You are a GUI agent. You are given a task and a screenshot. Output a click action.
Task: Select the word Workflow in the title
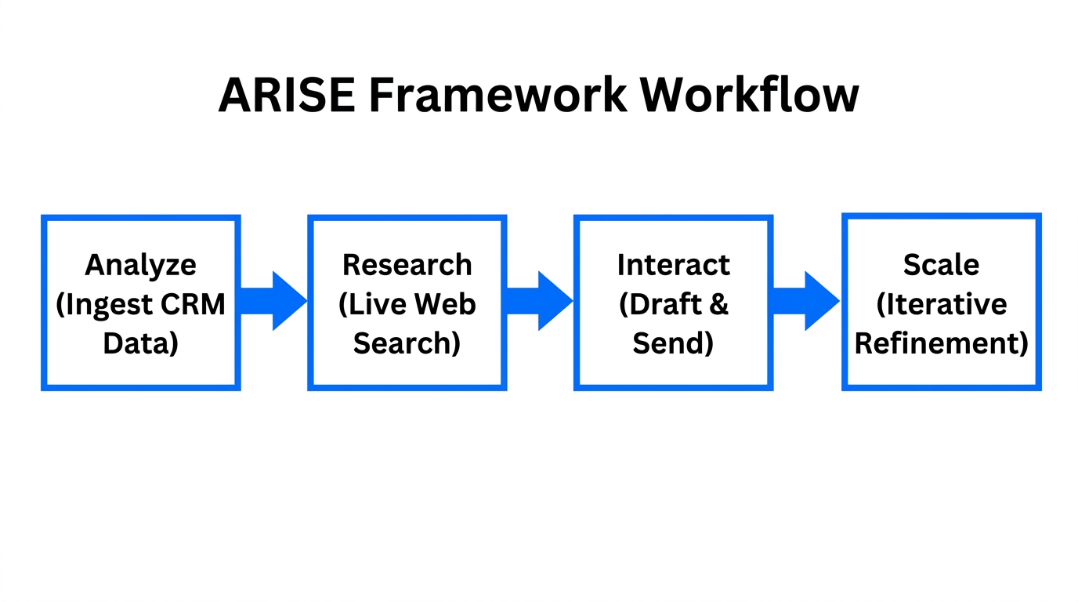click(749, 96)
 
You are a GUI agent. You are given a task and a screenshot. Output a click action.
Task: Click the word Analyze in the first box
click(141, 264)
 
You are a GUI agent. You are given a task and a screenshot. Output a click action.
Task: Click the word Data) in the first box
click(141, 343)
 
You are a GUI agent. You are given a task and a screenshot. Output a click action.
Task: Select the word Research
click(407, 264)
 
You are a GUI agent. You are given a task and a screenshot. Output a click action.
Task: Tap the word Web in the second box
click(447, 303)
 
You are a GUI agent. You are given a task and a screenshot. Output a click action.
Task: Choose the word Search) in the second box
click(407, 343)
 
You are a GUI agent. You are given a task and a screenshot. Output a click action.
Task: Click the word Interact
click(674, 264)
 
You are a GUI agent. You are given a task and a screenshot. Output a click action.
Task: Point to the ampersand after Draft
click(718, 303)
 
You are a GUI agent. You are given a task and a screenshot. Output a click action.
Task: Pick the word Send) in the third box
click(674, 343)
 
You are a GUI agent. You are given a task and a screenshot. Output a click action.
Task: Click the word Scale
click(941, 264)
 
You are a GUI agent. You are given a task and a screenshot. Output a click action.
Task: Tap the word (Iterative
click(941, 303)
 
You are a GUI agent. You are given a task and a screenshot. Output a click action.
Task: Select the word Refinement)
click(941, 343)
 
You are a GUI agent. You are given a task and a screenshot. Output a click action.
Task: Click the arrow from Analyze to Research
click(274, 301)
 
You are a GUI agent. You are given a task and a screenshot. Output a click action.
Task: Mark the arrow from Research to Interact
click(541, 301)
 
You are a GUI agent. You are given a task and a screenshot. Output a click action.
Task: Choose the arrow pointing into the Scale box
click(807, 301)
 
